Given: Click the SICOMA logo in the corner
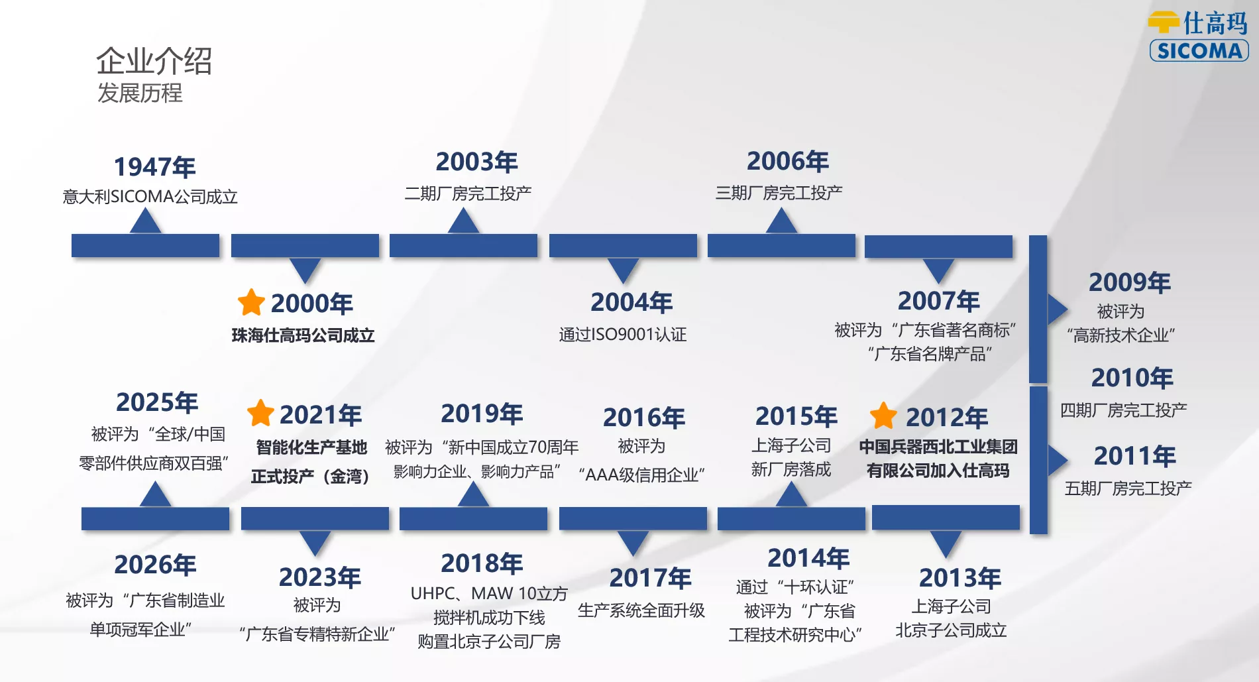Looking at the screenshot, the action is (1198, 36).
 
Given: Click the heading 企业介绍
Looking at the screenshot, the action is (154, 61).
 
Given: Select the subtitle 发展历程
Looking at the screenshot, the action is (140, 93).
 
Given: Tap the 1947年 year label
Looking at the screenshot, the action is (155, 167).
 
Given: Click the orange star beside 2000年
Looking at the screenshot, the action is (251, 302).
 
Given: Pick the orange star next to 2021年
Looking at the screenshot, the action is (260, 413).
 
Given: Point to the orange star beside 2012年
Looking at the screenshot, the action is (883, 416).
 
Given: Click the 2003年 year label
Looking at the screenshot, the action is (476, 162).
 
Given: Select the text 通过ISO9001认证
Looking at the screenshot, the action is (622, 334).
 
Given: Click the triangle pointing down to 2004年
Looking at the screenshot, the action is (623, 269).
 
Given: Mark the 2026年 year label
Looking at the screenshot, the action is (155, 565).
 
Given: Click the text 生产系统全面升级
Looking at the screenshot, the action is (641, 610).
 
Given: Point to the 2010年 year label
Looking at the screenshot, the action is (1132, 378).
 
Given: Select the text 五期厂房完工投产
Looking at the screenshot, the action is (1128, 488).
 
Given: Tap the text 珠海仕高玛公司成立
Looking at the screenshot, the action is (303, 335).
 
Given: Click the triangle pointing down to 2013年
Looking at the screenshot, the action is (946, 542).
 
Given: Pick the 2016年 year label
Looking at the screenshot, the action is (644, 418).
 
